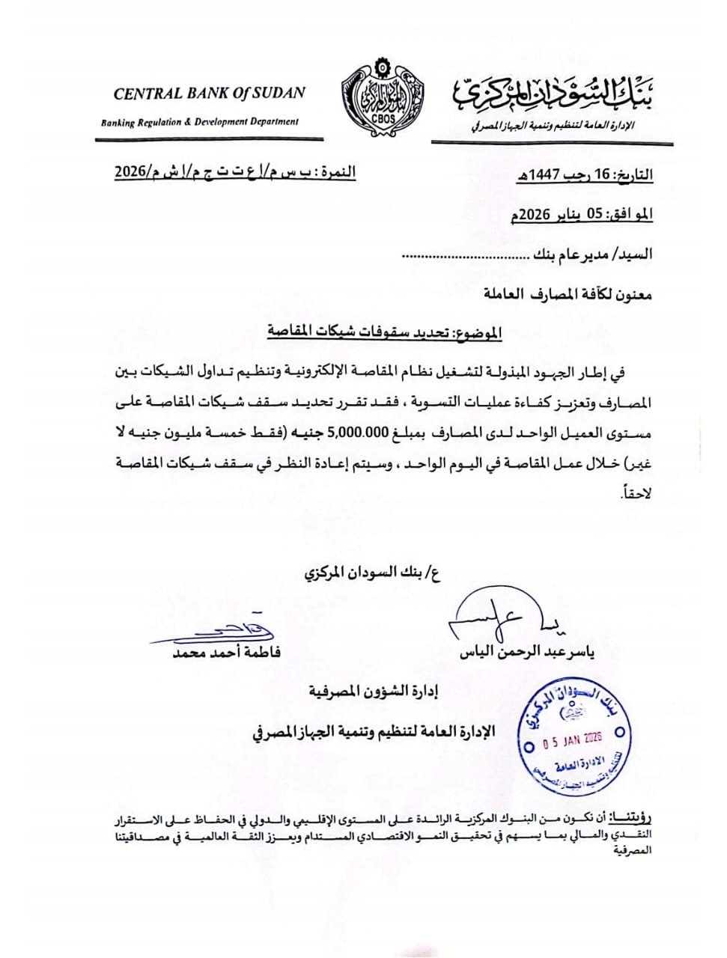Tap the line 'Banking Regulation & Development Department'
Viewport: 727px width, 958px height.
(x=200, y=122)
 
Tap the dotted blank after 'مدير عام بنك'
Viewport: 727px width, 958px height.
(x=464, y=255)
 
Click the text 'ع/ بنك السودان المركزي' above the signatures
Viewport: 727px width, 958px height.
(x=371, y=574)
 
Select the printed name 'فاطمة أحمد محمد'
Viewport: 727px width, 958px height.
(x=226, y=653)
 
